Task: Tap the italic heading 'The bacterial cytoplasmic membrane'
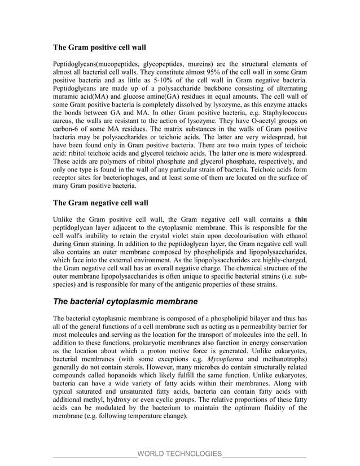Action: pos(125,301)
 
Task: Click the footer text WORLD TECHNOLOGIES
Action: pos(179,454)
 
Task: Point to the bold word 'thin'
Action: pos(301,219)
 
